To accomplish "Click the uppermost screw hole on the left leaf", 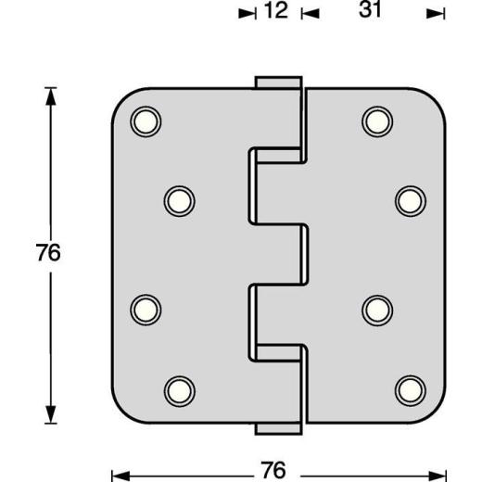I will pyautogui.click(x=145, y=120).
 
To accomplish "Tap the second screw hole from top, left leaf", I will pyautogui.click(x=179, y=198).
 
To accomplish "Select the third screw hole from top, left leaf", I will pyautogui.click(x=145, y=307).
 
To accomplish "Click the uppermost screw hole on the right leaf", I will pyautogui.click(x=375, y=120).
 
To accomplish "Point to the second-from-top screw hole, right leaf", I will pyautogui.click(x=410, y=198).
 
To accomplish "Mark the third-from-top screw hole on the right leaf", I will pyautogui.click(x=375, y=307).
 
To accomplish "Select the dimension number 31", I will pyautogui.click(x=370, y=12).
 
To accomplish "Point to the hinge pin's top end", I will pyautogui.click(x=278, y=82).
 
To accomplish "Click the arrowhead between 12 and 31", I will pyautogui.click(x=311, y=14).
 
